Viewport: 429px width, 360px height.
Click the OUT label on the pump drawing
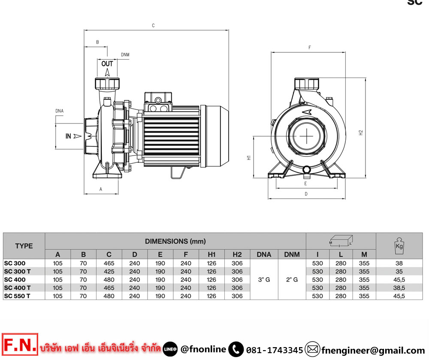107,64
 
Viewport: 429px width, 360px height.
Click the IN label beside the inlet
68,136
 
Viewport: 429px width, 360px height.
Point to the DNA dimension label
59,111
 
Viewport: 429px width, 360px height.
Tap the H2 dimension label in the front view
361,132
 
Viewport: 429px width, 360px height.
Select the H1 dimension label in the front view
249,158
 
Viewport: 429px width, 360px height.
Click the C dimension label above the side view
153,25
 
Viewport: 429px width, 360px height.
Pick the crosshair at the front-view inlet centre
307,136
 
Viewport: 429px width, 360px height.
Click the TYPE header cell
24,246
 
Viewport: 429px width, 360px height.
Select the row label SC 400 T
17,288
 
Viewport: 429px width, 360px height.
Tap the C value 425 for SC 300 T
109,271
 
